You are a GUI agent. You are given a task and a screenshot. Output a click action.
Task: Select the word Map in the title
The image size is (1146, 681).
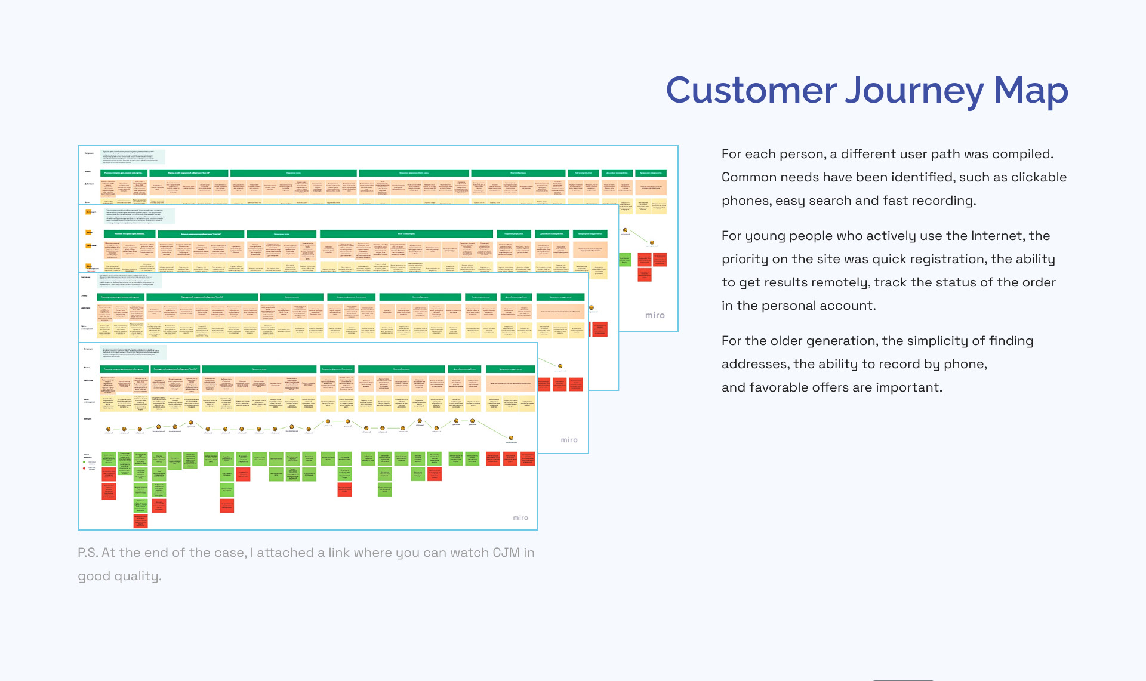[x=1031, y=91]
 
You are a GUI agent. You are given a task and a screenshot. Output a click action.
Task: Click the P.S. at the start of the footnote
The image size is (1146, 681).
[x=88, y=553]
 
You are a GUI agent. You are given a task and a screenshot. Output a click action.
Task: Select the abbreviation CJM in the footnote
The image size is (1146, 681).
[x=506, y=553]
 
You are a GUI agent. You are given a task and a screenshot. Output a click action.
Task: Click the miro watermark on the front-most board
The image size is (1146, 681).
[x=520, y=517]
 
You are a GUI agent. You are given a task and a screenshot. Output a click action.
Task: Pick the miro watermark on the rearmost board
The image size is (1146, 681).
[x=655, y=315]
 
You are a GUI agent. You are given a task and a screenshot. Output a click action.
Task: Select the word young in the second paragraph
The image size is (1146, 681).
[x=762, y=236]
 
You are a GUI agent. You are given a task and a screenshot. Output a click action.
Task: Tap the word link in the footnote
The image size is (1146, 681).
[x=339, y=553]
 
